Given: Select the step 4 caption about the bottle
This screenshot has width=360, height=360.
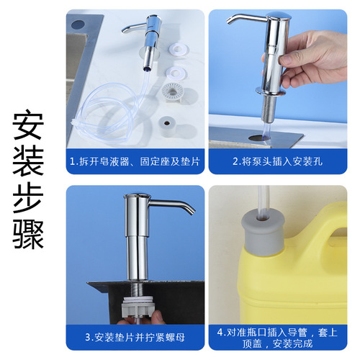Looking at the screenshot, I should pos(278,335).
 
